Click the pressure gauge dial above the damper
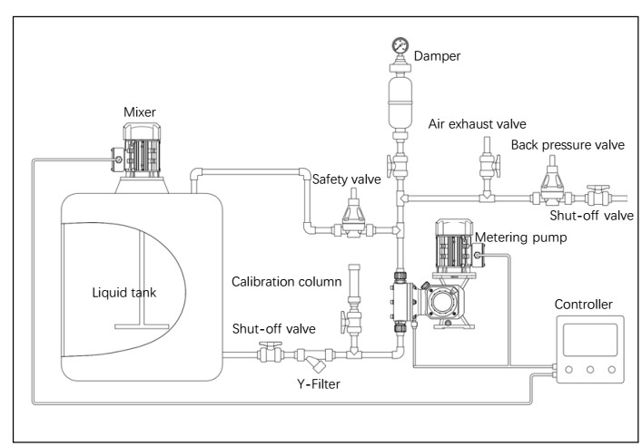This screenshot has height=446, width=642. (x=400, y=45)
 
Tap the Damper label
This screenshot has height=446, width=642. (x=437, y=56)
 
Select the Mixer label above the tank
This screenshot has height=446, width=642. (x=140, y=112)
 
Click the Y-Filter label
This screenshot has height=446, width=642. (x=319, y=383)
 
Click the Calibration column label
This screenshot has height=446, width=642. (x=286, y=282)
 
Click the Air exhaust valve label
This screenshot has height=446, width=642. (x=477, y=124)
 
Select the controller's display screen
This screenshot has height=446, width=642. (x=590, y=339)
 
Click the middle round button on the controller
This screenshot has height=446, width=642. (x=590, y=370)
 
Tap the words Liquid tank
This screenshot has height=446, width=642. (x=124, y=293)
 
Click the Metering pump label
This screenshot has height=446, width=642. (x=521, y=238)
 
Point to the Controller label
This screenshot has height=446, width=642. (x=583, y=305)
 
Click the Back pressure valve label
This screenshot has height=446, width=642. (x=568, y=145)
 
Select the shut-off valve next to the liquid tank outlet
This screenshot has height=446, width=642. (x=271, y=353)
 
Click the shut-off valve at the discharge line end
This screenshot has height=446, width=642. (x=598, y=196)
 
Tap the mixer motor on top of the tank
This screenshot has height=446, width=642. (x=142, y=150)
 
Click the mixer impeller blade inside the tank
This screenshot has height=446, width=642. (x=142, y=326)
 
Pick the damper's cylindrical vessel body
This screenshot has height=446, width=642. (x=400, y=102)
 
